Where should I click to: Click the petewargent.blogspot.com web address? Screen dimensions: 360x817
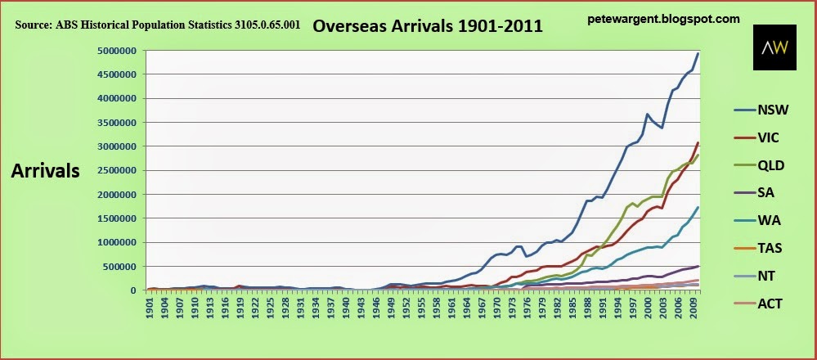pyautogui.click(x=663, y=18)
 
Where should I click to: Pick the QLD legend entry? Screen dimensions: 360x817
pyautogui.click(x=770, y=165)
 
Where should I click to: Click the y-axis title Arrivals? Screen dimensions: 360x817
pyautogui.click(x=45, y=171)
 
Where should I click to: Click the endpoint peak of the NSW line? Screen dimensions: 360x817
pyautogui.click(x=698, y=53)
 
